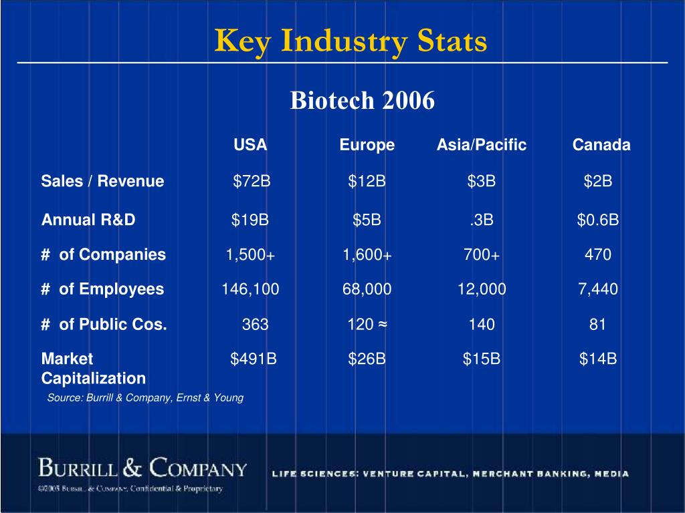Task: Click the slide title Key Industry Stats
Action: point(351,41)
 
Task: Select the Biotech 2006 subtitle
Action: point(362,101)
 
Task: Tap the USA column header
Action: point(250,145)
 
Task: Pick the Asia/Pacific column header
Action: point(482,145)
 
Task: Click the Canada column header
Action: point(601,145)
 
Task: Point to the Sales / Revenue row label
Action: point(102,181)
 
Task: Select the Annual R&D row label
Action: point(88,220)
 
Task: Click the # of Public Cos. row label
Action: point(104,325)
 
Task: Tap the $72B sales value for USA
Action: point(252,181)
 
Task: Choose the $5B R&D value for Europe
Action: point(367,220)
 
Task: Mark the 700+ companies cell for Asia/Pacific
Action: point(482,254)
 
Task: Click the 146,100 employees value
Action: point(251,289)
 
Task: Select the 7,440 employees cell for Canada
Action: point(598,289)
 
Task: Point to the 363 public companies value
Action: point(255,325)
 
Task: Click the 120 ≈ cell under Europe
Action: point(367,325)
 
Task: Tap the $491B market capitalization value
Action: point(254,359)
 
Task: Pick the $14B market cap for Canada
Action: point(598,359)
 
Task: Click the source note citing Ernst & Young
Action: point(145,397)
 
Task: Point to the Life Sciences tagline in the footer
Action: point(450,474)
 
